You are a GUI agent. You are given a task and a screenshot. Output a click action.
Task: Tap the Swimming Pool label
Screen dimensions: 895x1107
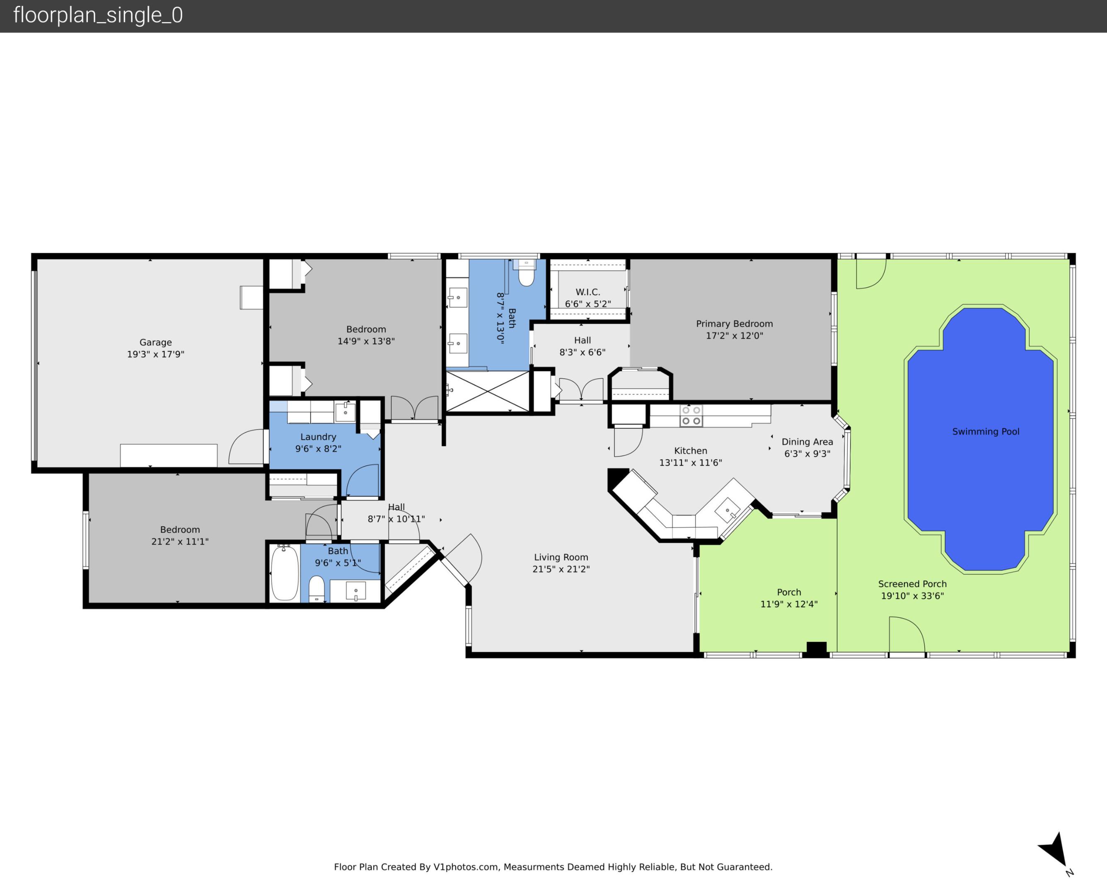click(985, 431)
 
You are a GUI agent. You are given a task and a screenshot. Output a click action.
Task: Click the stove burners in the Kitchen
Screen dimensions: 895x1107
click(691, 416)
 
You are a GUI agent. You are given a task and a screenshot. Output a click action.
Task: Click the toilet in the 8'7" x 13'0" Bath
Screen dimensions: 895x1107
click(526, 273)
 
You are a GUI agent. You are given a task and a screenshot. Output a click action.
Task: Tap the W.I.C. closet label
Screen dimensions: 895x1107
click(587, 292)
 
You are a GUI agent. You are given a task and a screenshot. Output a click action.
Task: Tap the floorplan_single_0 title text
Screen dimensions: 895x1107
click(98, 15)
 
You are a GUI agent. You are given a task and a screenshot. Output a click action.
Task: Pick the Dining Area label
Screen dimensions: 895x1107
click(807, 442)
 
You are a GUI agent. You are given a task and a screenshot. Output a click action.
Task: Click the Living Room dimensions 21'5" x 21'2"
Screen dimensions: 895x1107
click(561, 569)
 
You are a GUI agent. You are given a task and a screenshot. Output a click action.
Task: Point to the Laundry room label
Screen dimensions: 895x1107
click(318, 437)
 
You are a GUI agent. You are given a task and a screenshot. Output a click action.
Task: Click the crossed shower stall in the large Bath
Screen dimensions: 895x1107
click(488, 392)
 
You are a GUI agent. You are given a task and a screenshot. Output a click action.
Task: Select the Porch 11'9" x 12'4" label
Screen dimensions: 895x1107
click(789, 598)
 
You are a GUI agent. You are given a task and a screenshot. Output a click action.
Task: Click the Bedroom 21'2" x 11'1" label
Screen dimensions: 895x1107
click(180, 535)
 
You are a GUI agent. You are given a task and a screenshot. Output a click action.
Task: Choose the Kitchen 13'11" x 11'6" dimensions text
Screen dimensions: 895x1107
click(690, 462)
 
